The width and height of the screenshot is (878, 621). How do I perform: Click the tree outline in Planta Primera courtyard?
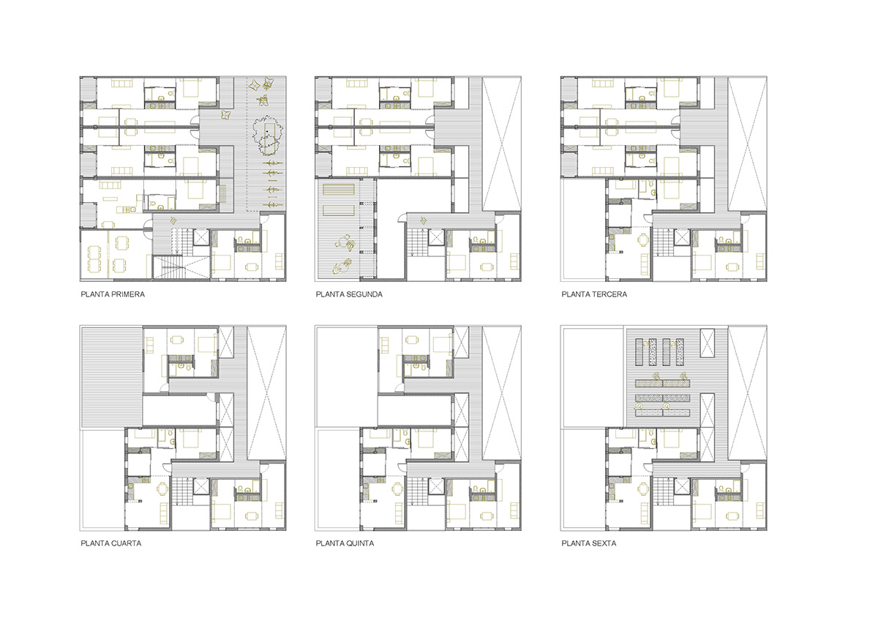point(267,135)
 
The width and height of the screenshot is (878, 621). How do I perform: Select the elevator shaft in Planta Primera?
point(201,237)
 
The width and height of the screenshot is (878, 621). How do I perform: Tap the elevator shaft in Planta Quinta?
point(436,486)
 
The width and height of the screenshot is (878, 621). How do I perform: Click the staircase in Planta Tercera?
point(662,242)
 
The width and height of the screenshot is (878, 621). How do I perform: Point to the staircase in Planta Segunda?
point(416,242)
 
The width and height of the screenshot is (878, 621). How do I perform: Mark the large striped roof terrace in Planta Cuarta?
point(111,378)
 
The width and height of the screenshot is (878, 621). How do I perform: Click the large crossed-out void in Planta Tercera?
point(747,144)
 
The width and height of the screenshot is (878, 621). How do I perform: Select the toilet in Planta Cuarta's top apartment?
point(189,368)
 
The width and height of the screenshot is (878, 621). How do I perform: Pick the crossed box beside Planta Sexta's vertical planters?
point(708,343)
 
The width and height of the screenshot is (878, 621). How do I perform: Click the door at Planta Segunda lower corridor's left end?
point(402,218)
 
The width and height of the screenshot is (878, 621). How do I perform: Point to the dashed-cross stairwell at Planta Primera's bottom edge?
point(181,267)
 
